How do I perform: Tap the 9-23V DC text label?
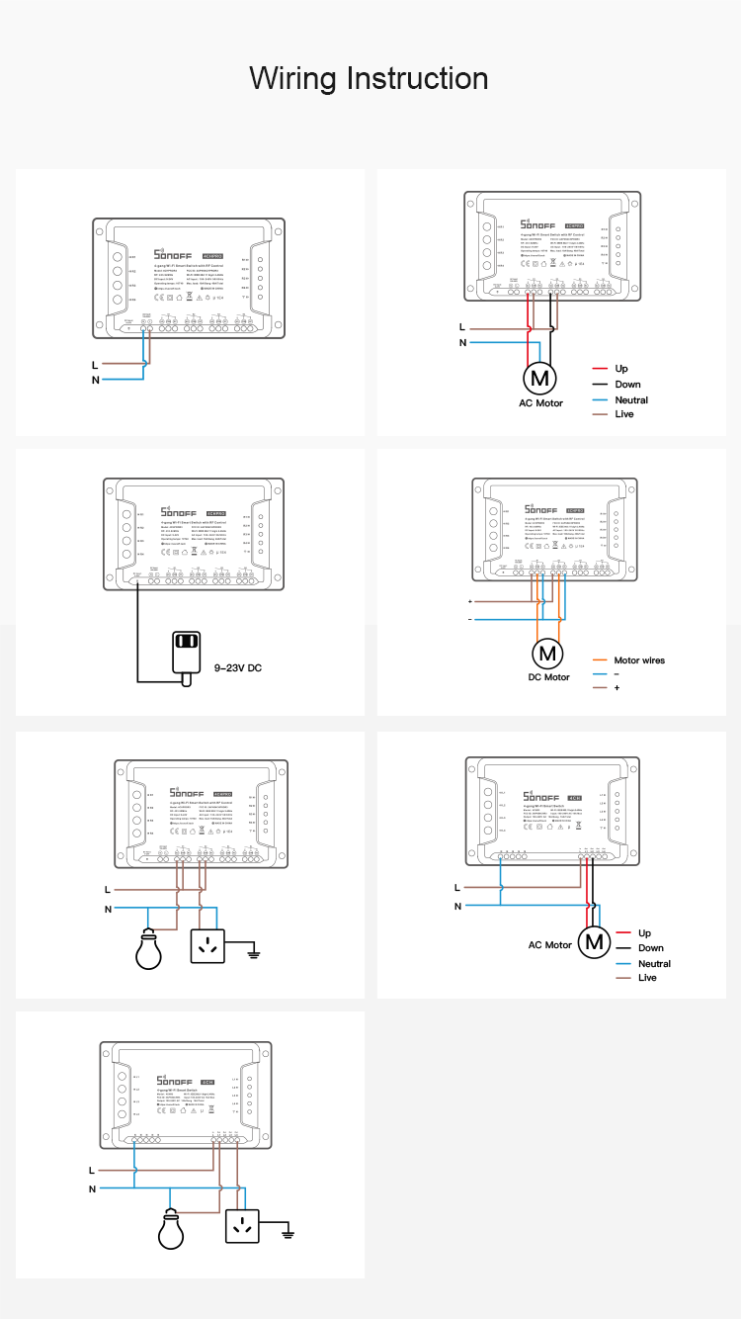click(238, 668)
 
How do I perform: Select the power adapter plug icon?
click(186, 649)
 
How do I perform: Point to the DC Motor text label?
click(549, 677)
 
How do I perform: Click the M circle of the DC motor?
click(547, 653)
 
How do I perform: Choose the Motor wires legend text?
click(639, 660)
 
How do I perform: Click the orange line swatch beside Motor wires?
click(599, 660)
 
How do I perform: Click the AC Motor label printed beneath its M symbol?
click(540, 403)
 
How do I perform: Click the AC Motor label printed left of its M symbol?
click(550, 945)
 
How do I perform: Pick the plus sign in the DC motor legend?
click(617, 687)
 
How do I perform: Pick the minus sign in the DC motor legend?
click(617, 673)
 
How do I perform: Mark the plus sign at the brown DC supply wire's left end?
click(470, 601)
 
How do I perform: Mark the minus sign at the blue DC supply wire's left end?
click(470, 619)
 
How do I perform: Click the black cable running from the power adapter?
click(137, 633)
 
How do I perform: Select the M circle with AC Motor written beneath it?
click(539, 378)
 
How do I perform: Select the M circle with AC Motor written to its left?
click(593, 943)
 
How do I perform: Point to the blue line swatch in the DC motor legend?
click(599, 673)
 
